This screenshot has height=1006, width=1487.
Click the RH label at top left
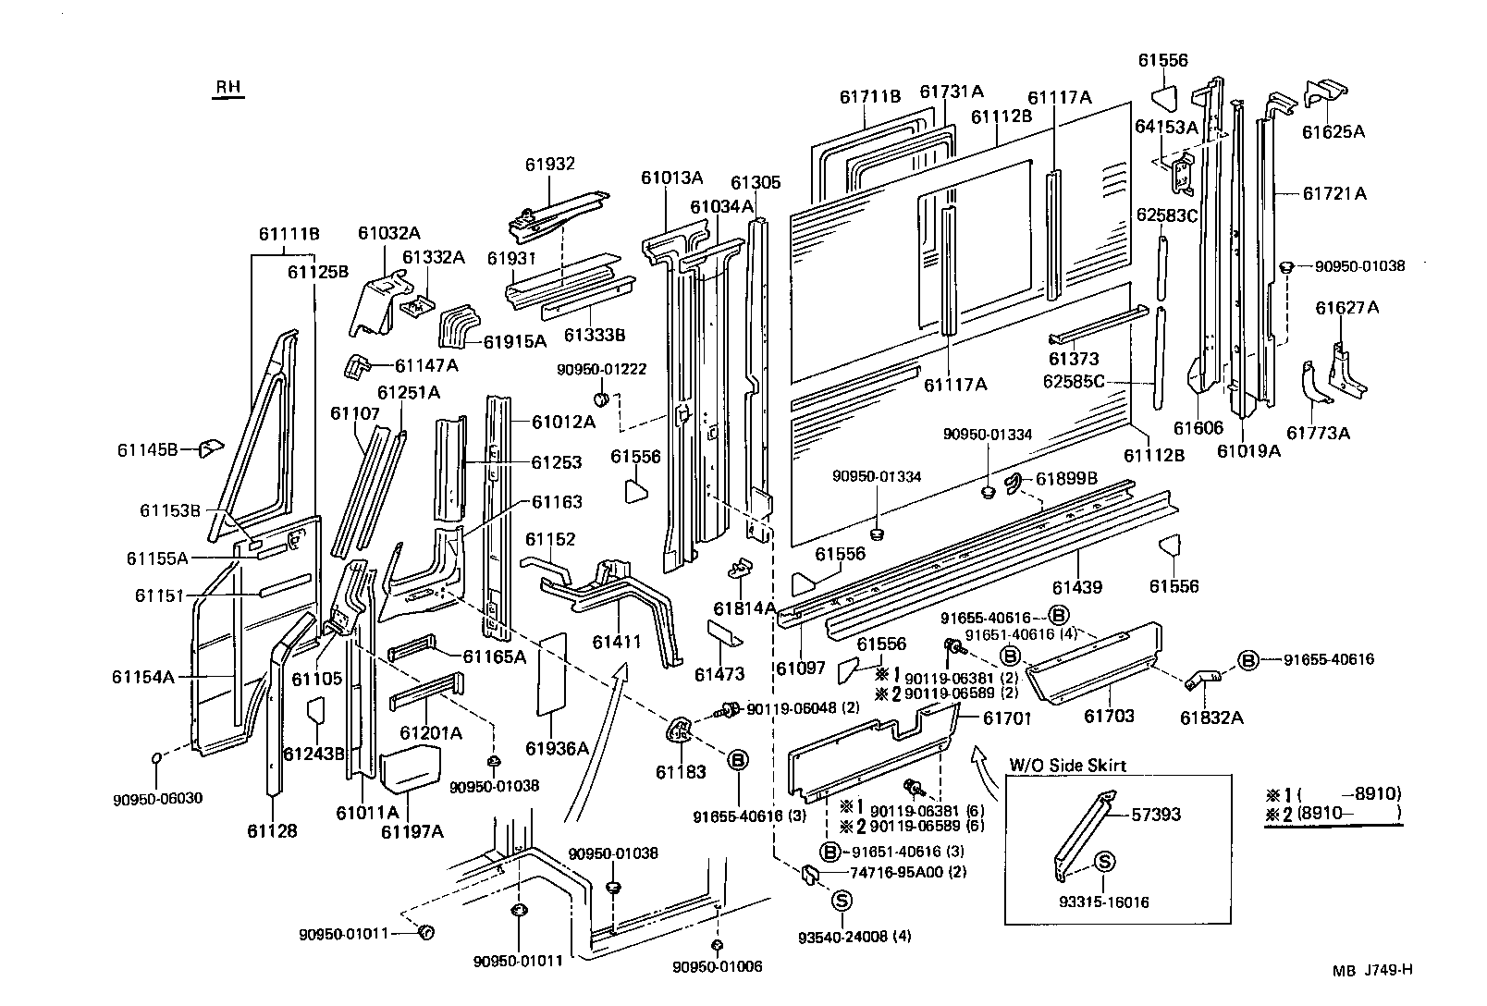(228, 88)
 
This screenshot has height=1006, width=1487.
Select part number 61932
(550, 165)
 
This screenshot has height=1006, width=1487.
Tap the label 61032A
(389, 233)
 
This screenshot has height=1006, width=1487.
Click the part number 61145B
(147, 450)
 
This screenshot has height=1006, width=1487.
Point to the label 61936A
(558, 748)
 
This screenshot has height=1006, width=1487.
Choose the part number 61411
(617, 641)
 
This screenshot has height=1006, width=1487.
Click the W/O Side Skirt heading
(1067, 765)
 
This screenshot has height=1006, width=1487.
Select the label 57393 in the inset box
(1157, 815)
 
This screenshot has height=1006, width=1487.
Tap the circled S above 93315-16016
(1103, 862)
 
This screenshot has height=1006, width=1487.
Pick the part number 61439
(1076, 587)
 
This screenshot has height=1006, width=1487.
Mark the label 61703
(1109, 716)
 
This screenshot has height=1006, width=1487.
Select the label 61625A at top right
(1333, 131)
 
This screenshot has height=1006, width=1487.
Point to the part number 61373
(1073, 359)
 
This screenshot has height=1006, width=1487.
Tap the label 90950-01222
(601, 369)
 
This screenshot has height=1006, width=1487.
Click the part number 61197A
(412, 831)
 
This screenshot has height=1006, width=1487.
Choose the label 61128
(272, 830)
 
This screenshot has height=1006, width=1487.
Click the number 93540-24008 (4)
(854, 937)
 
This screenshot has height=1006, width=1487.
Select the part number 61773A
(1318, 433)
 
